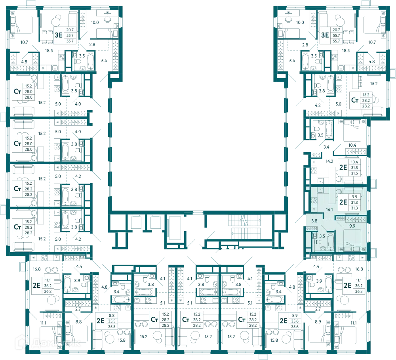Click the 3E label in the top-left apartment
59,35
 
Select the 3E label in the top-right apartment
325,35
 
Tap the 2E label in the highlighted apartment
343,202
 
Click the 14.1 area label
329,210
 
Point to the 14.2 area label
329,161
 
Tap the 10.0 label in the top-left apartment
95,23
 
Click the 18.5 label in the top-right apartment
346,51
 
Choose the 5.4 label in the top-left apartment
104,61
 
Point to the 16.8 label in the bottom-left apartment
36,269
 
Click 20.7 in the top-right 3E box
336,30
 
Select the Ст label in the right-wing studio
355,100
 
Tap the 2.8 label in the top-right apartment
305,45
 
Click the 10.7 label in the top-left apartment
24,42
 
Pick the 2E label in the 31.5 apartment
343,167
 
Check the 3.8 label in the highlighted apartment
314,221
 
